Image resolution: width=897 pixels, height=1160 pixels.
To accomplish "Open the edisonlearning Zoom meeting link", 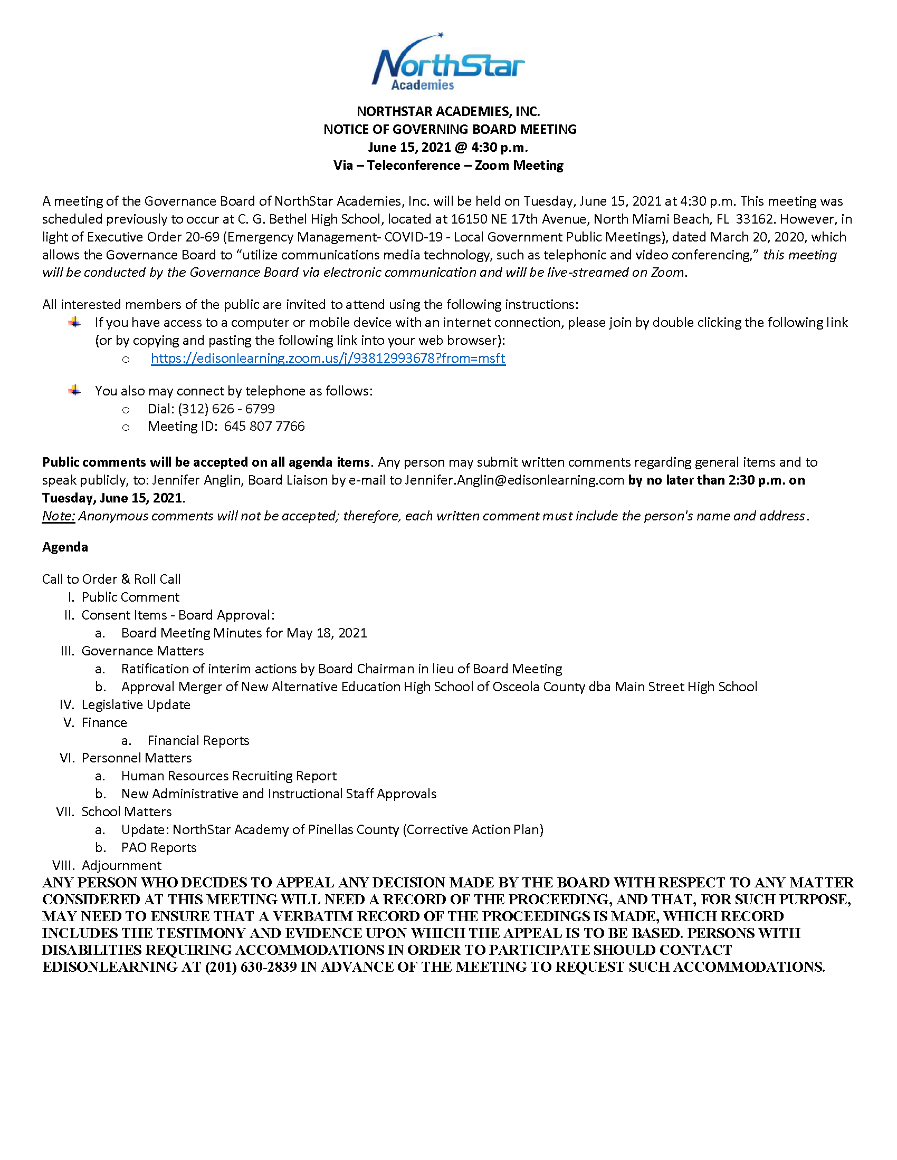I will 328,359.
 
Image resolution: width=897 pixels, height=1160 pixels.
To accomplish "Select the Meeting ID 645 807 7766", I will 264,427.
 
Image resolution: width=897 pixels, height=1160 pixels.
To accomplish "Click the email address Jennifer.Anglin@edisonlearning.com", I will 514,480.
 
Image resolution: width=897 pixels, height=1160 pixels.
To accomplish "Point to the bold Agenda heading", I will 65,547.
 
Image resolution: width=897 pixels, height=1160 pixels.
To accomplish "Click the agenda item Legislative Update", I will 136,705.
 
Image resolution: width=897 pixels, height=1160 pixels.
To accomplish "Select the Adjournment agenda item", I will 121,865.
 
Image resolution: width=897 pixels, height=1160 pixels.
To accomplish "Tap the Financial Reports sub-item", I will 198,740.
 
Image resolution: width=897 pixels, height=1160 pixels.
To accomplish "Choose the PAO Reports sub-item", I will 158,848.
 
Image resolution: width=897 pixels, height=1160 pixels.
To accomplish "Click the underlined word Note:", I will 59,516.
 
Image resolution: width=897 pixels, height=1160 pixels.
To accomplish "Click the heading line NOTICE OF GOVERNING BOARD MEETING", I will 450,130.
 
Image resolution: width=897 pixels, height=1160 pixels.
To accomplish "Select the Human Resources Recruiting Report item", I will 228,776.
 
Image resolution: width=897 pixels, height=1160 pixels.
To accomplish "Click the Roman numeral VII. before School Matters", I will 66,811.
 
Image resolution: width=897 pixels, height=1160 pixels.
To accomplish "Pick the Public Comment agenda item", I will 130,597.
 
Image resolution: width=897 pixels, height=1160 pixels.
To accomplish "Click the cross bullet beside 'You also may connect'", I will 75,391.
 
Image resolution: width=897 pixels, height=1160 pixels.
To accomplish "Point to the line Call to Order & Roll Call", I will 111,579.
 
